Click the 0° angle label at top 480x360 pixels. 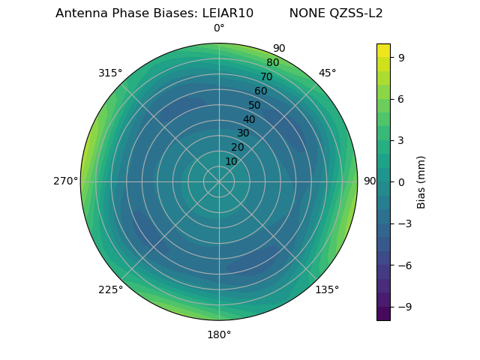(219, 28)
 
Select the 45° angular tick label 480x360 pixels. (327, 73)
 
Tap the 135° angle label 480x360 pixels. (327, 289)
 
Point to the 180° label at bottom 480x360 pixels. (219, 334)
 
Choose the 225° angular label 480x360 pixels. (110, 289)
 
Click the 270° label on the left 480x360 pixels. (66, 181)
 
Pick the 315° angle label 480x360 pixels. (110, 73)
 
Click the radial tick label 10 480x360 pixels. (231, 161)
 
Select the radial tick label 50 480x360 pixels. (255, 105)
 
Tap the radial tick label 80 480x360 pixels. (273, 62)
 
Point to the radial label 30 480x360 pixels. (243, 133)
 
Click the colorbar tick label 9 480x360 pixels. (401, 57)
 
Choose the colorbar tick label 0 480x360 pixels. (401, 181)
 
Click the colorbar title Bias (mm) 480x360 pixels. (421, 181)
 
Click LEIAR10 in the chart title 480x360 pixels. (227, 13)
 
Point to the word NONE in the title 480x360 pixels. (303, 13)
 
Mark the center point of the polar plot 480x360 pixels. (219, 181)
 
